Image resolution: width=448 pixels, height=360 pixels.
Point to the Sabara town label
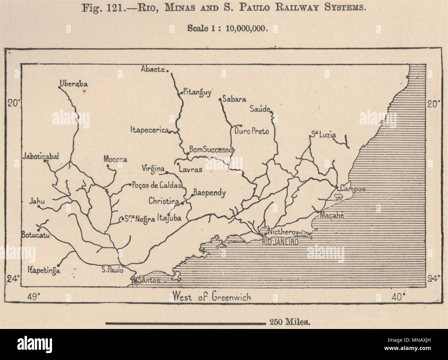(x=234, y=99)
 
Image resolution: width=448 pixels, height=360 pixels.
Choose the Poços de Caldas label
(x=156, y=185)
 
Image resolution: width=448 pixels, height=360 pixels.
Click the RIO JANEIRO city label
(x=279, y=242)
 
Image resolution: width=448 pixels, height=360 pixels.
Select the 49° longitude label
(x=34, y=296)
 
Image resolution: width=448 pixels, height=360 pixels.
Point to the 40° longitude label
(x=398, y=296)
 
